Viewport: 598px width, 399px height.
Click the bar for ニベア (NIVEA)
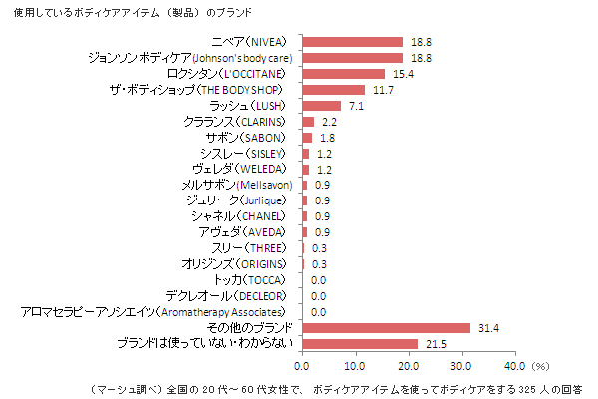(352, 42)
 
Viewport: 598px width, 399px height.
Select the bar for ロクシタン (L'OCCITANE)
(343, 74)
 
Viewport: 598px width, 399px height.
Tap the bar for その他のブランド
(386, 328)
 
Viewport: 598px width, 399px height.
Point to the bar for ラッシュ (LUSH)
(321, 106)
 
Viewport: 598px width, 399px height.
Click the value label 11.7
(382, 90)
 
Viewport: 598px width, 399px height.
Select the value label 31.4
(487, 328)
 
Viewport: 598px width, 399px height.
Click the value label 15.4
(402, 74)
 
